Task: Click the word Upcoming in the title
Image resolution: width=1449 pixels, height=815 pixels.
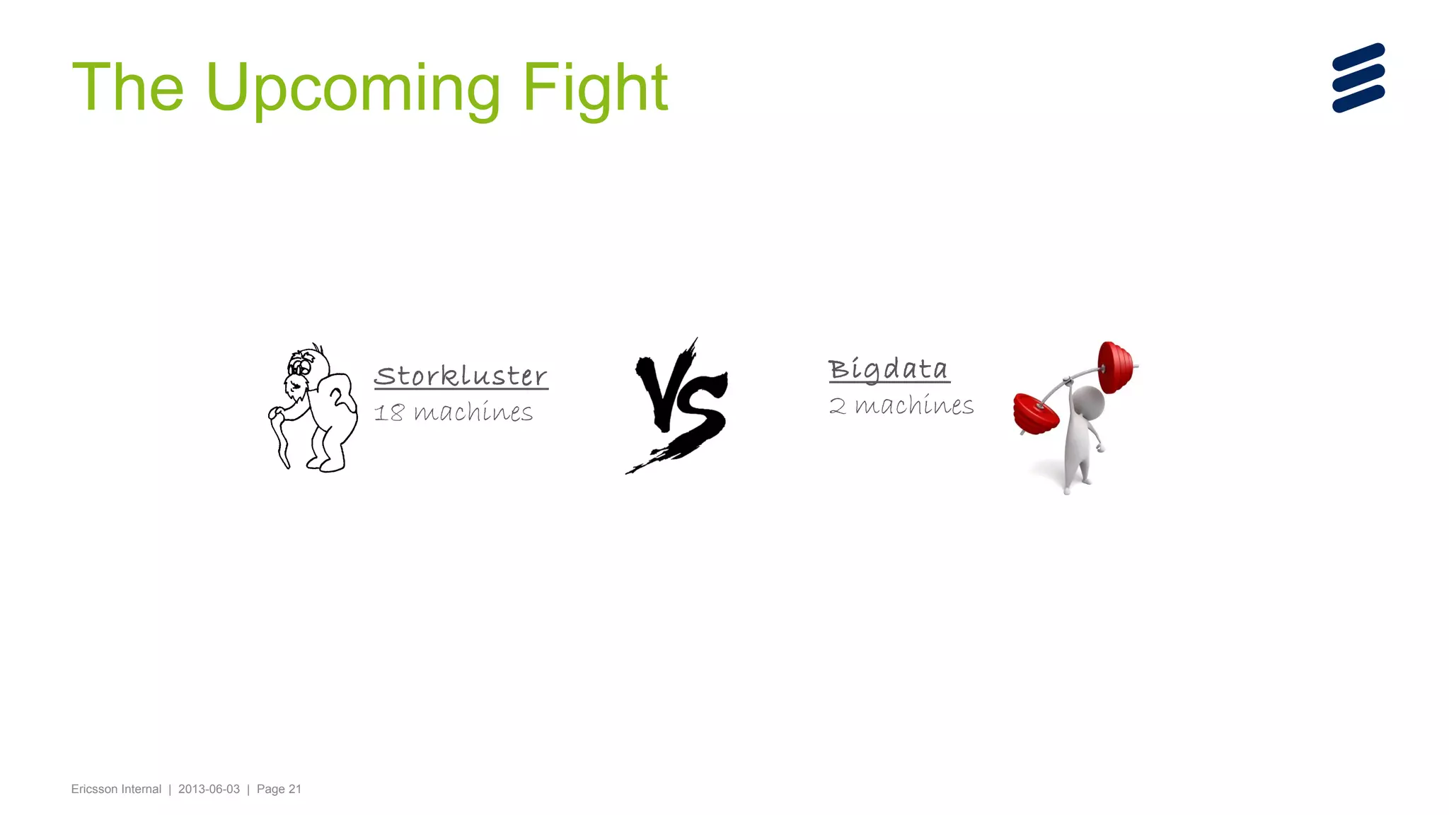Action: pyautogui.click(x=352, y=88)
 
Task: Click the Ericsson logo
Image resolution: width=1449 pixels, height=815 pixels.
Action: pyautogui.click(x=1358, y=78)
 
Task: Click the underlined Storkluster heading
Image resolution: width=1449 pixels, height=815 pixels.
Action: pyautogui.click(x=461, y=376)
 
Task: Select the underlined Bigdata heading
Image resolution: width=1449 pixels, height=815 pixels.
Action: pyautogui.click(x=889, y=369)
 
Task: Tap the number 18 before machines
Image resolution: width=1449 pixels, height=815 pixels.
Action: pyautogui.click(x=388, y=412)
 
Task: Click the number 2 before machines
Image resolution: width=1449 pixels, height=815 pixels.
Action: pyautogui.click(x=837, y=406)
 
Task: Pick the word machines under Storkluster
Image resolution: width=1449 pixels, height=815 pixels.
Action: pyautogui.click(x=473, y=412)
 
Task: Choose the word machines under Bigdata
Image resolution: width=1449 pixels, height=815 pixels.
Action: pyautogui.click(x=914, y=405)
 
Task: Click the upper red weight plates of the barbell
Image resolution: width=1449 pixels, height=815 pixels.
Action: pyautogui.click(x=1116, y=366)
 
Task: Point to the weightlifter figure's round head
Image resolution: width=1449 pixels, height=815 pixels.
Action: pyautogui.click(x=1088, y=403)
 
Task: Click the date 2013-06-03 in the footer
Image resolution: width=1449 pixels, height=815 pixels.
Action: pyautogui.click(x=209, y=789)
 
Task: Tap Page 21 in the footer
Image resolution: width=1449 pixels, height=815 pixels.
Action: pyautogui.click(x=279, y=789)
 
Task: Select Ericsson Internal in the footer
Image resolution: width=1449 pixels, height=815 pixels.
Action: pyautogui.click(x=116, y=789)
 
